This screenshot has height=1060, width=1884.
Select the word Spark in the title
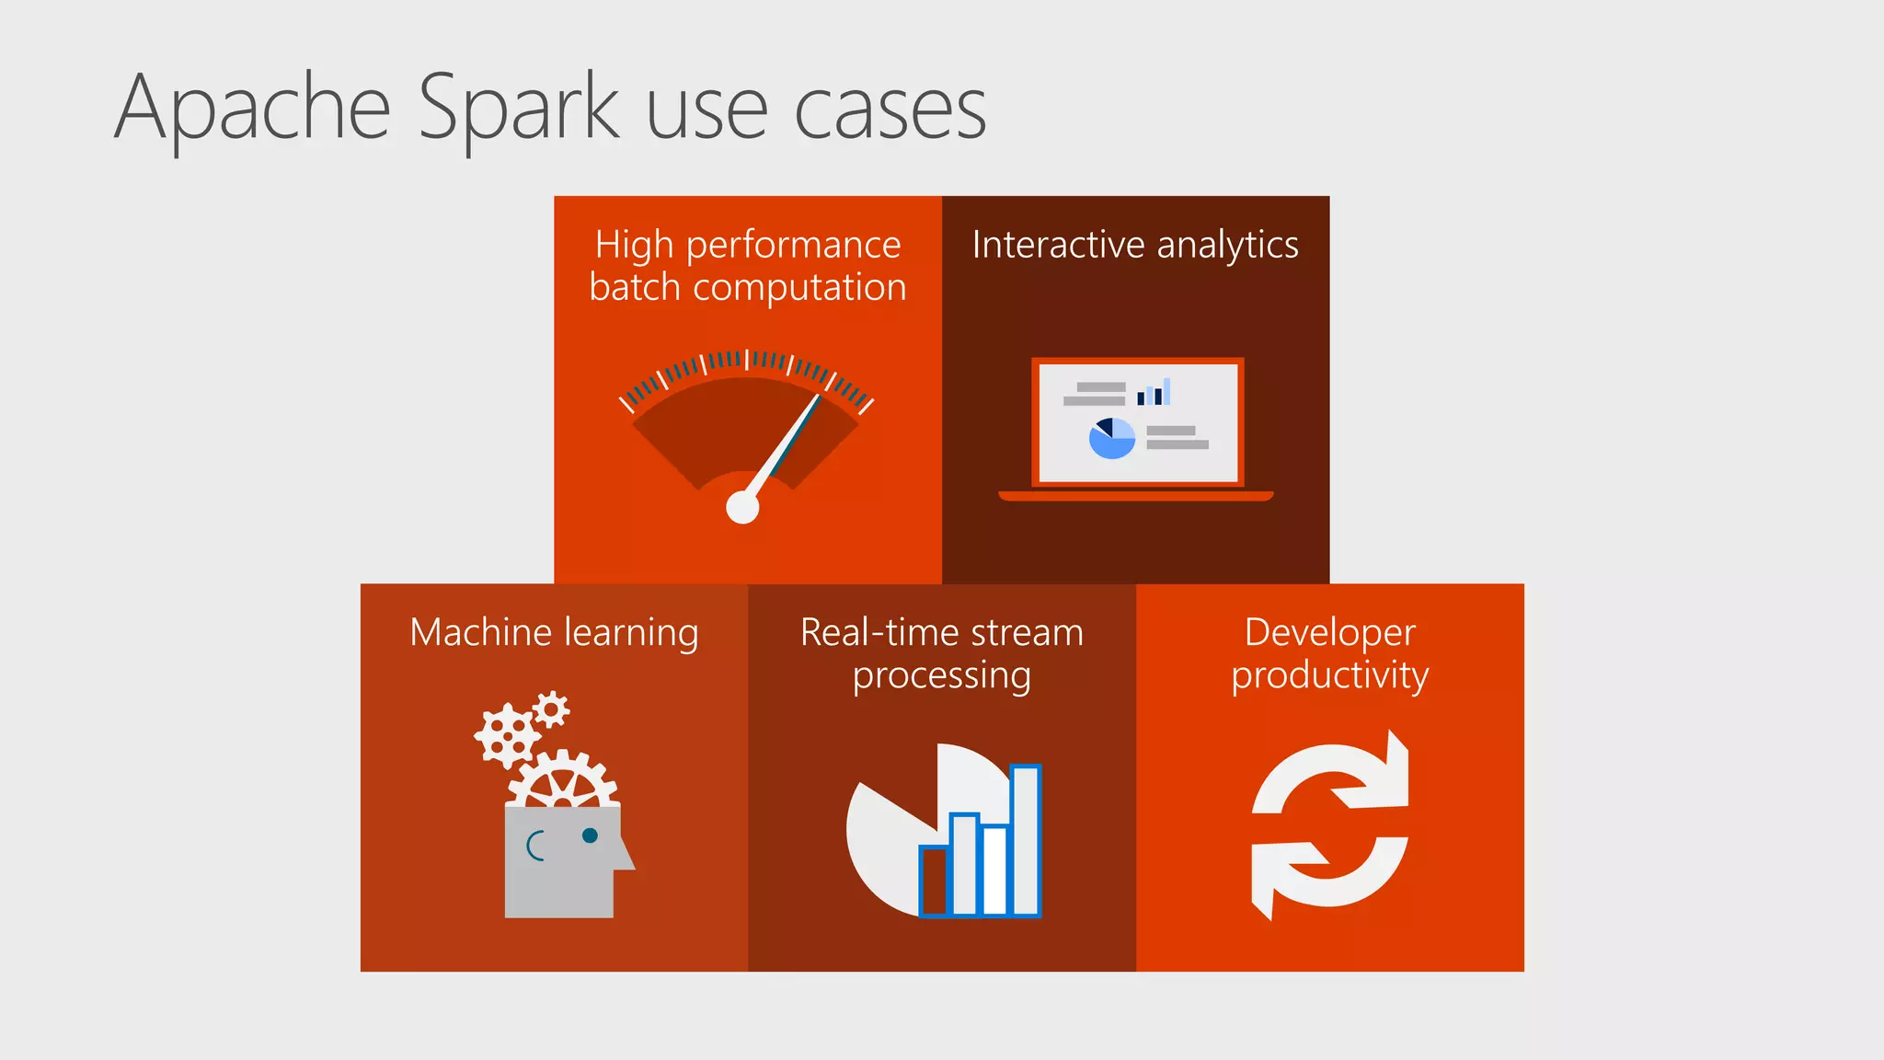(x=519, y=110)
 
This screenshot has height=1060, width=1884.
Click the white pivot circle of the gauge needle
(x=742, y=507)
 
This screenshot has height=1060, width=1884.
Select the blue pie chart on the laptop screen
(x=1111, y=439)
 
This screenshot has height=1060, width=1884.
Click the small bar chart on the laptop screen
(x=1154, y=392)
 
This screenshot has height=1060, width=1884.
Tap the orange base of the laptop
(x=1136, y=496)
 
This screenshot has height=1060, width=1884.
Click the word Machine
(x=480, y=633)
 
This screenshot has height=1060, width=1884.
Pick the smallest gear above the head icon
(x=551, y=709)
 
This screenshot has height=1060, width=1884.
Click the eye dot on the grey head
(x=590, y=835)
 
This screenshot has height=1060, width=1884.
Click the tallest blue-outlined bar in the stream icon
(x=1025, y=839)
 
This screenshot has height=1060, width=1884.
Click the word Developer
(x=1329, y=633)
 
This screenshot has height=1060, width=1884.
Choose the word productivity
(x=1329, y=675)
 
